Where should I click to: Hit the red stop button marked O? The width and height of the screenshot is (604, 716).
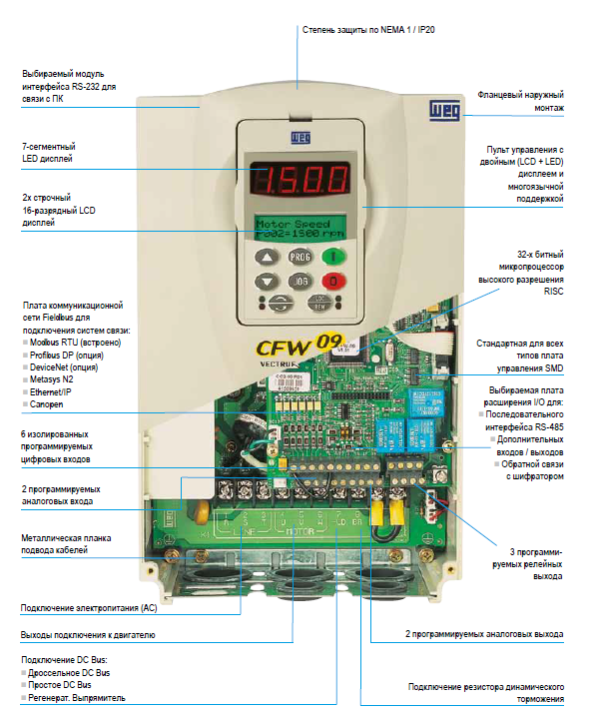(334, 282)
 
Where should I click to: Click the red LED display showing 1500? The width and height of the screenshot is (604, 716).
(301, 179)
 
